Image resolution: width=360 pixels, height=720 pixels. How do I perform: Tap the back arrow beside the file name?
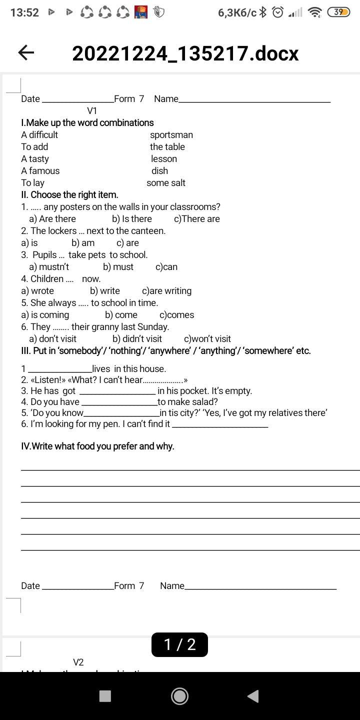tap(26, 52)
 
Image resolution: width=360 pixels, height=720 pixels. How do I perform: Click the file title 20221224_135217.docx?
tap(185, 53)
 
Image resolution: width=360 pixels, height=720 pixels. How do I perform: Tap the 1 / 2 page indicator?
tap(179, 644)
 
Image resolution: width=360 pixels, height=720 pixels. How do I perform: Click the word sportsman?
tap(171, 135)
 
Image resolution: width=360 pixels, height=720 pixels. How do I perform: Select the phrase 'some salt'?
tap(165, 183)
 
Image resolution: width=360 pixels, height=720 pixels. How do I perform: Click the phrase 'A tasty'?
tap(35, 159)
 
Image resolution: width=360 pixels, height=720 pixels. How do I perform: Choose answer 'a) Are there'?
tap(52, 219)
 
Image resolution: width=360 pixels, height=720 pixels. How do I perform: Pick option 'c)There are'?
tap(196, 219)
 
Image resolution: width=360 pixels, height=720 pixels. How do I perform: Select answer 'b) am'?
tap(83, 243)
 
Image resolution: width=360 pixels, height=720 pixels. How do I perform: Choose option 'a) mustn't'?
tap(49, 267)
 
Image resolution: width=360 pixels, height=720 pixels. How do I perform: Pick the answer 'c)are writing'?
tap(166, 291)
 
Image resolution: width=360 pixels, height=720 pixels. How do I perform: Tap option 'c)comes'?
tap(176, 315)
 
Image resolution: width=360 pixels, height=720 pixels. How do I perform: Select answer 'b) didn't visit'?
tap(137, 339)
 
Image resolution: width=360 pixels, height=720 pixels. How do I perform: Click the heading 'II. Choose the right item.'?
tap(69, 195)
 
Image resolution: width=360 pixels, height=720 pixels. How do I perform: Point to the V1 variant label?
tap(92, 111)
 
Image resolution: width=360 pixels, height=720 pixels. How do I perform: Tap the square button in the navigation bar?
tap(105, 696)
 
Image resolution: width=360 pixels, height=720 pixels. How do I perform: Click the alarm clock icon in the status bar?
tap(277, 12)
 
